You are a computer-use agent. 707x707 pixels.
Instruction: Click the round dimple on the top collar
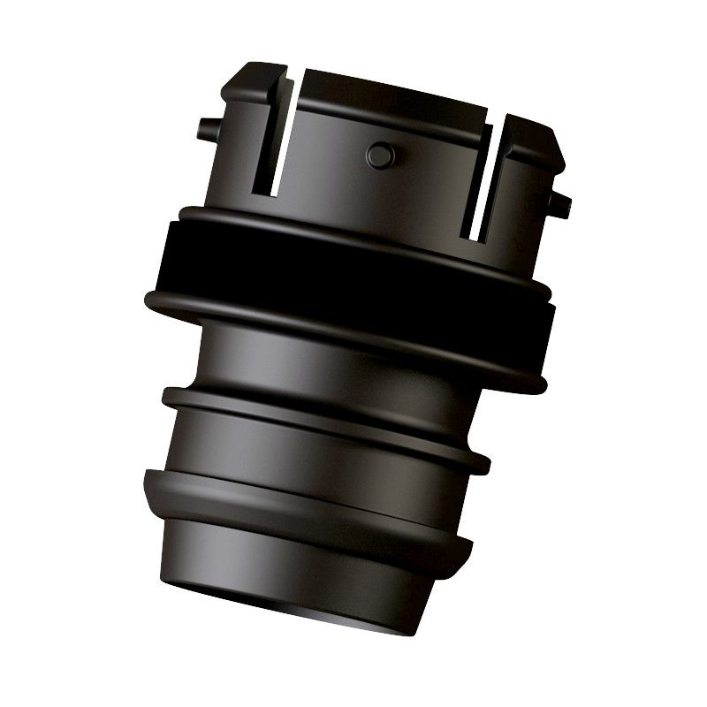(378, 156)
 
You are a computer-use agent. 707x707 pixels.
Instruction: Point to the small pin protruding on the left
(205, 126)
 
